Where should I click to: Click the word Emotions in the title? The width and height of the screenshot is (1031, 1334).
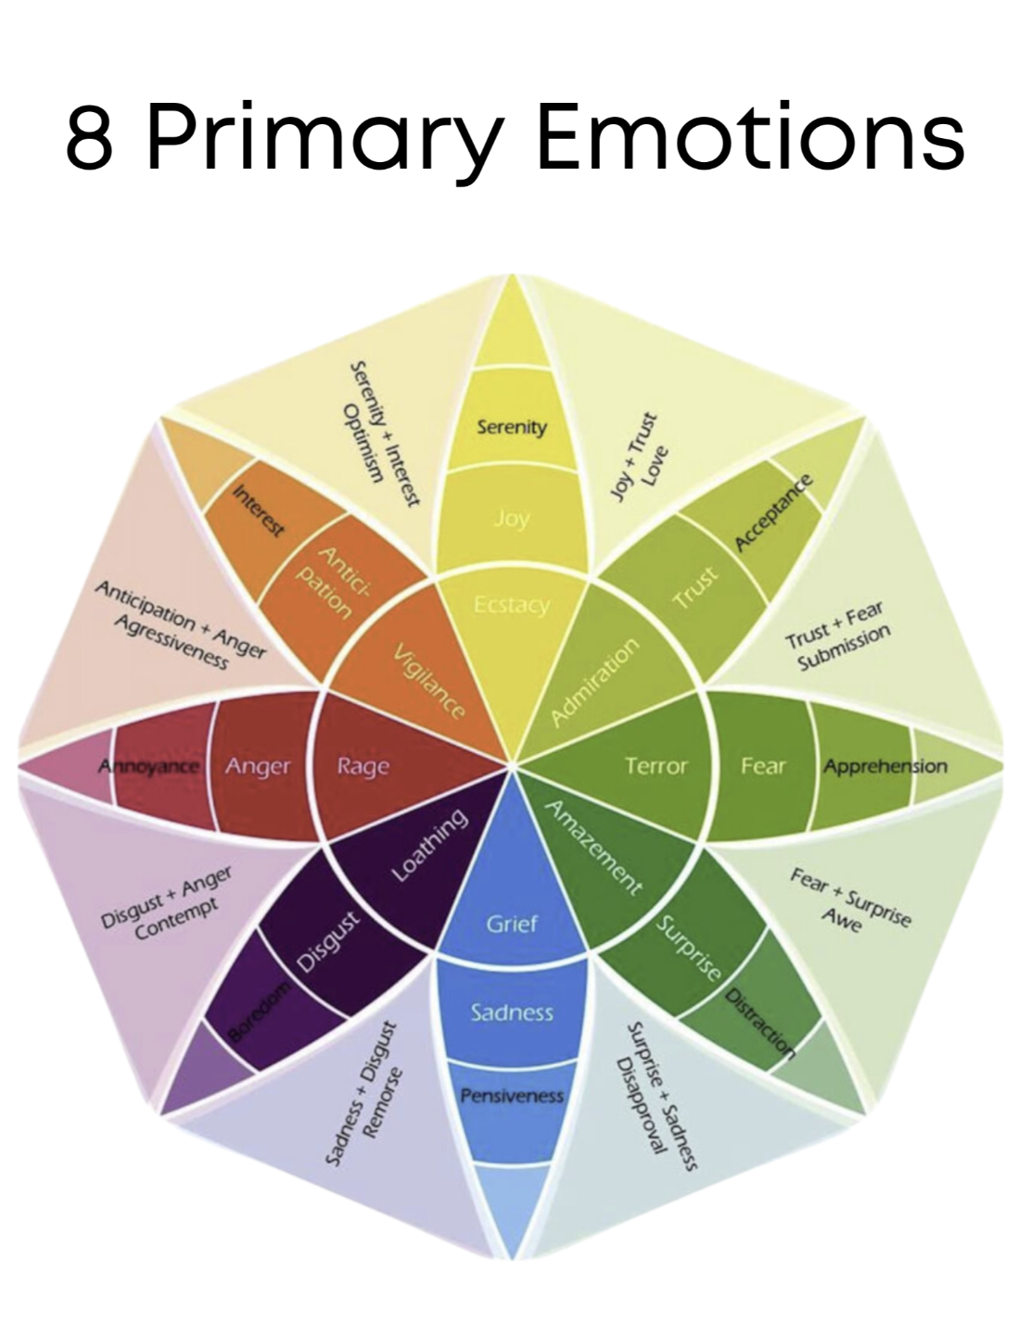pyautogui.click(x=751, y=137)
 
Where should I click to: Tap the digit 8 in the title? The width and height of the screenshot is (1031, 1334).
pyautogui.click(x=90, y=137)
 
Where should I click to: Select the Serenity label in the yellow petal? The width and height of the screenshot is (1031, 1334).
pyautogui.click(x=512, y=427)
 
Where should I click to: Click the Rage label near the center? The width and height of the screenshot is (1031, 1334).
pyautogui.click(x=363, y=766)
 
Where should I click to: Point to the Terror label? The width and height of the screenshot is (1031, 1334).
pyautogui.click(x=656, y=766)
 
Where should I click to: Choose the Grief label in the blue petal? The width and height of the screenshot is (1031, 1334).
pyautogui.click(x=512, y=923)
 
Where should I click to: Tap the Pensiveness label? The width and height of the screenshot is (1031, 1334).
pyautogui.click(x=512, y=1096)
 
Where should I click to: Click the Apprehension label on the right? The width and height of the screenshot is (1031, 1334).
pyautogui.click(x=885, y=766)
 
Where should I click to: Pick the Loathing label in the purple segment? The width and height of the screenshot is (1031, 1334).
pyautogui.click(x=429, y=845)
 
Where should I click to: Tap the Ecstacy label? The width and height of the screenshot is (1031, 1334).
pyautogui.click(x=512, y=605)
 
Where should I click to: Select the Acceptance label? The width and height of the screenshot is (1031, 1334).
pyautogui.click(x=774, y=512)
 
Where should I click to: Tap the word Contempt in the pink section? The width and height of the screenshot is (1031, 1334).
pyautogui.click(x=176, y=919)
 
